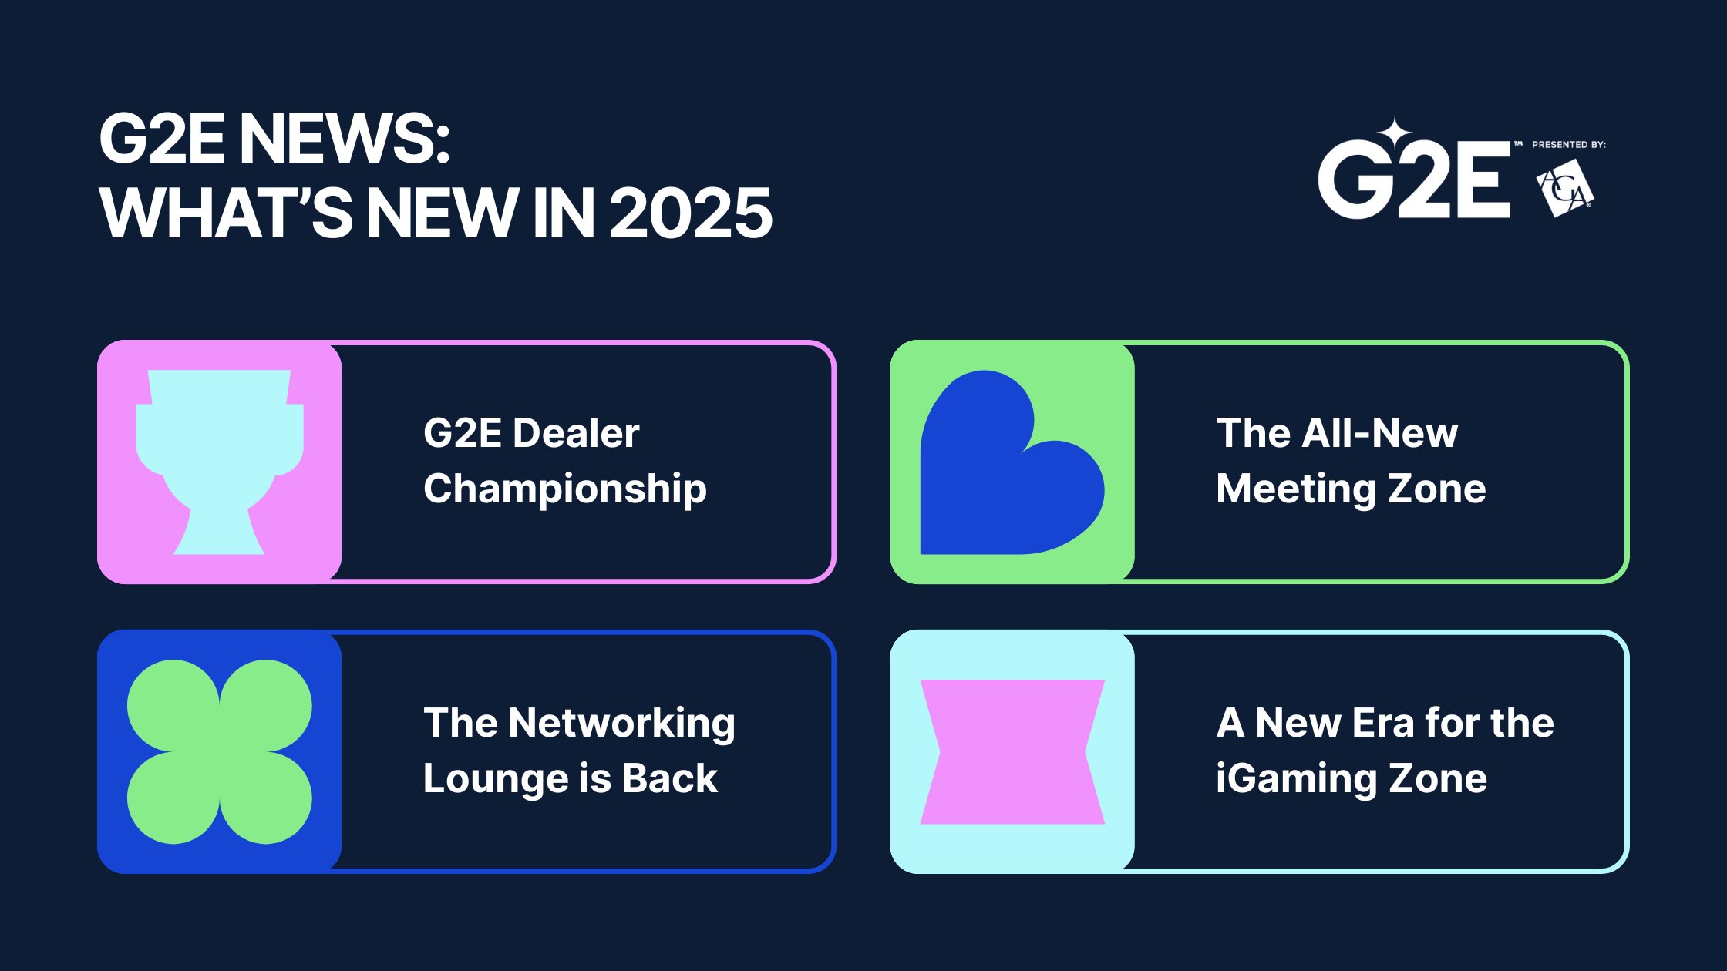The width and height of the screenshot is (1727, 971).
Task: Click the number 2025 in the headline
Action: [691, 213]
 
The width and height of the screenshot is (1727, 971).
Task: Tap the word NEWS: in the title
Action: [344, 139]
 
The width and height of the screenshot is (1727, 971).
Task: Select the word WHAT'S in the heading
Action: [225, 213]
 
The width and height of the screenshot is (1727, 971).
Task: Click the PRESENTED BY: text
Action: [1568, 144]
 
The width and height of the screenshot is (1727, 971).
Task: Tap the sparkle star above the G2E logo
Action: [1395, 133]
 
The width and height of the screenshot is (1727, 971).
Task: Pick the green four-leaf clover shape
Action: [220, 751]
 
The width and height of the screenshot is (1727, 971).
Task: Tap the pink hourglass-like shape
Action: [1012, 751]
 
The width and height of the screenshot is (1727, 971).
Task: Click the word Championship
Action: [564, 489]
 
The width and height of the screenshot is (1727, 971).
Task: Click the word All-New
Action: [1379, 433]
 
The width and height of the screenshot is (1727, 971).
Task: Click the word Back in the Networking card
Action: [669, 778]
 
